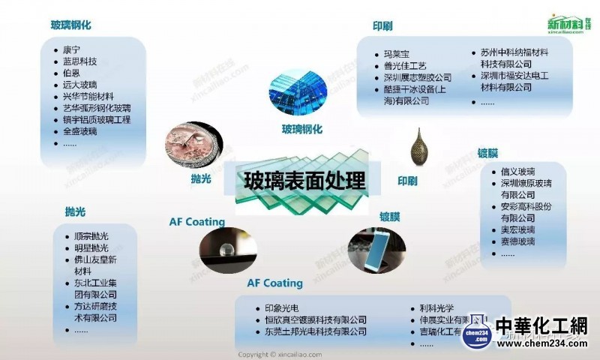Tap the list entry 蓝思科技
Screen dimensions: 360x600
(x=80, y=61)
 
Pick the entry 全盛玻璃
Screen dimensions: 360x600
(x=80, y=131)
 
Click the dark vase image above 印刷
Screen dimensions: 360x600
(x=418, y=148)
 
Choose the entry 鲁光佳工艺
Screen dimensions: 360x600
(x=404, y=65)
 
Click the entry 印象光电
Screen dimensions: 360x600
(x=282, y=307)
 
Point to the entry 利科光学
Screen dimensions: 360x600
(x=439, y=307)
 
